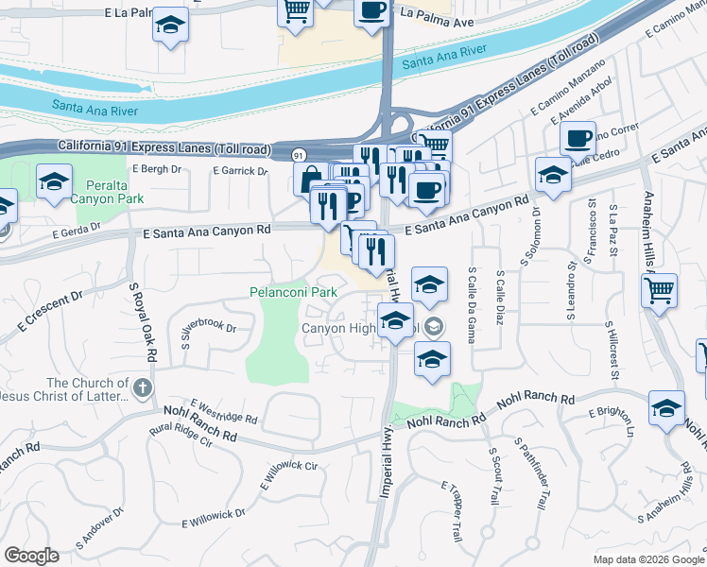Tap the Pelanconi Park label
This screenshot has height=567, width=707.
293,293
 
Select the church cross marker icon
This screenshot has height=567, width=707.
142,388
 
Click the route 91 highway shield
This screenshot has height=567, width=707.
299,154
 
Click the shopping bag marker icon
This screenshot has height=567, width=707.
311,179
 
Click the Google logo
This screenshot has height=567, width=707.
32,556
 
